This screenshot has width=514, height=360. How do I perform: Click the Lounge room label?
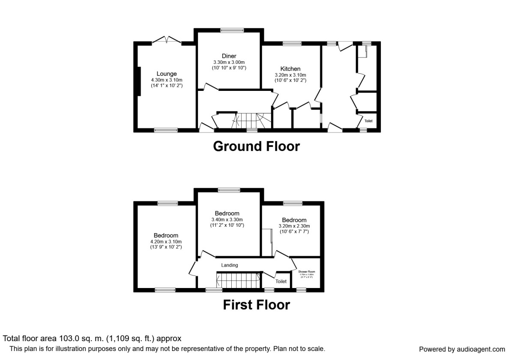tap(166, 74)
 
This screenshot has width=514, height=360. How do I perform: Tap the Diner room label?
tap(229, 56)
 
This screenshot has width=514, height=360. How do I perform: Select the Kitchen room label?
tap(290, 69)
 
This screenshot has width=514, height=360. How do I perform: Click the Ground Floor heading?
tap(256, 146)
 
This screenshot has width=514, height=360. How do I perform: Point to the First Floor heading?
tap(256, 305)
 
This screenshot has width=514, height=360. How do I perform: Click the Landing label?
tap(229, 265)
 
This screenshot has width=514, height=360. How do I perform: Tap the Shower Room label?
tap(306, 272)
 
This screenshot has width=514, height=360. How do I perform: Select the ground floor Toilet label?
tap(368, 121)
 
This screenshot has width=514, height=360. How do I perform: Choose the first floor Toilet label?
tap(281, 282)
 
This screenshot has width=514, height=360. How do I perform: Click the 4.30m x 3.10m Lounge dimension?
tap(166, 80)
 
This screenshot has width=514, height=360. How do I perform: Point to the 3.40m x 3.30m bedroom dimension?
tap(227, 219)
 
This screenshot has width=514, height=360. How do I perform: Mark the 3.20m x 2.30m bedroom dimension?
tap(294, 226)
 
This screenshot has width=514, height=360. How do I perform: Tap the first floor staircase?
tap(238, 282)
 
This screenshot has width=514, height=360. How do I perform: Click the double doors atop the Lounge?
tap(167, 40)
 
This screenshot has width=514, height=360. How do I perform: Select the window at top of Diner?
tap(232, 30)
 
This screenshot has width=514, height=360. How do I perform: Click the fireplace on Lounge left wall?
tap(138, 81)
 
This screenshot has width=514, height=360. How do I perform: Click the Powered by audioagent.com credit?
tap(462, 349)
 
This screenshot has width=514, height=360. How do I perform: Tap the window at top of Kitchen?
tap(291, 43)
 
